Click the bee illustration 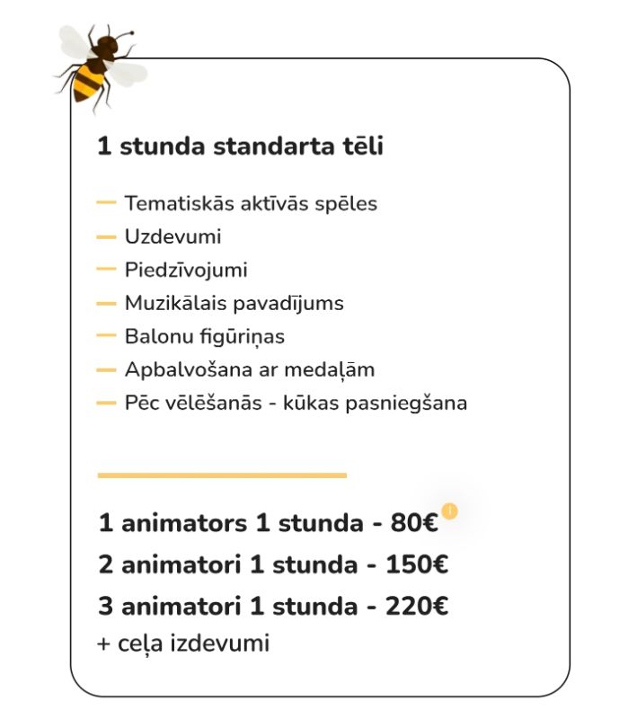click(x=99, y=67)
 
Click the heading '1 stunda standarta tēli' click(x=240, y=146)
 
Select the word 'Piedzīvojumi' click(x=186, y=270)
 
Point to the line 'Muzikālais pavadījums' click(x=234, y=303)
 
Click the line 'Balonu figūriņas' click(x=204, y=336)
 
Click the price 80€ click(x=414, y=523)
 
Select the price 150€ click(x=417, y=565)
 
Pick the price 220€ click(x=417, y=607)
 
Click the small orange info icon click(x=449, y=511)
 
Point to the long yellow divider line click(x=221, y=475)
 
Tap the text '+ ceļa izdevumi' click(x=183, y=644)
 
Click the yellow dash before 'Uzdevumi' click(x=106, y=237)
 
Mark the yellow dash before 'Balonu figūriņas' click(x=106, y=336)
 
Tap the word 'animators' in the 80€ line click(x=184, y=523)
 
